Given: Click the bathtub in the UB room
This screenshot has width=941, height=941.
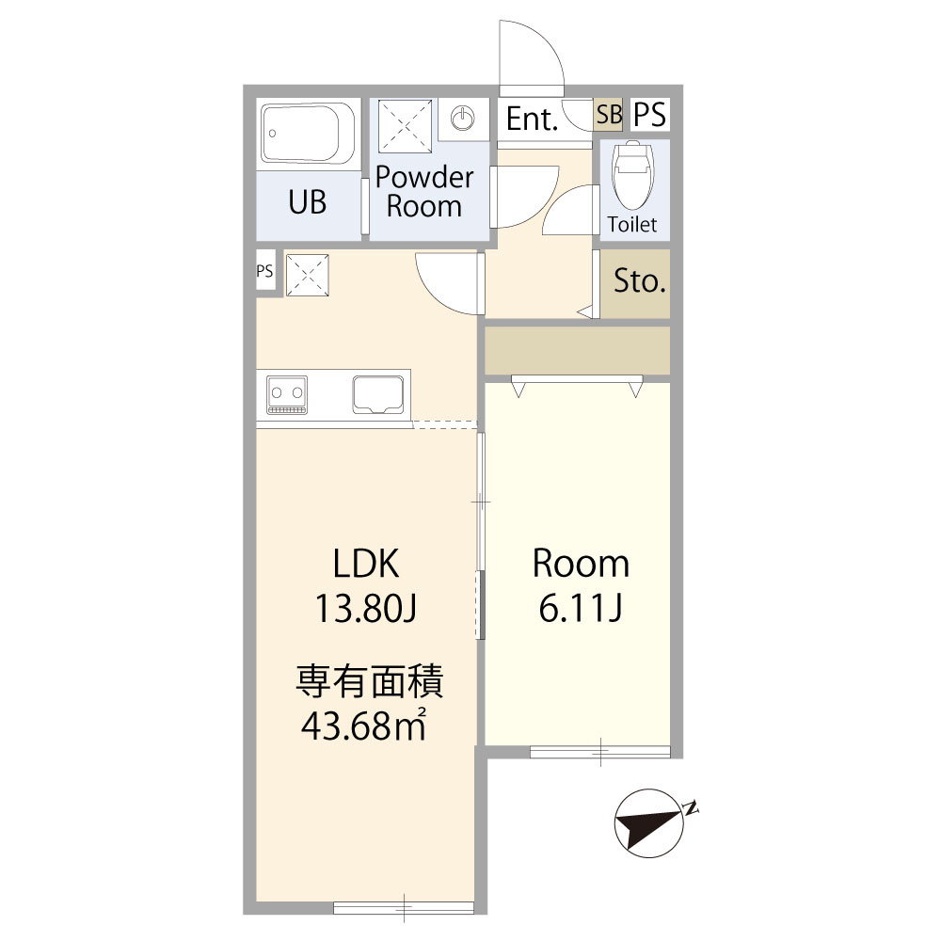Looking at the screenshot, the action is click(x=308, y=134).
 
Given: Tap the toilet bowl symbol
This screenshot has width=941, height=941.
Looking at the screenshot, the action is click(x=631, y=174).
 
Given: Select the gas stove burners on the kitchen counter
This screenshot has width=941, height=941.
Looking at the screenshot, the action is click(x=286, y=395).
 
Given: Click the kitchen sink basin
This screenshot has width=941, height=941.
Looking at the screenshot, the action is click(x=377, y=395).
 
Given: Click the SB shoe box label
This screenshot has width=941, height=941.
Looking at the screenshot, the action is click(x=609, y=114).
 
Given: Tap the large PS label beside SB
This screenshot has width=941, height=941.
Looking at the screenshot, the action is click(x=650, y=114).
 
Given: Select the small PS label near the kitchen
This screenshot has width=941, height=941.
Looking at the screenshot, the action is click(x=264, y=271).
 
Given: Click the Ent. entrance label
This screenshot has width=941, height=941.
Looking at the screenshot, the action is click(x=533, y=119).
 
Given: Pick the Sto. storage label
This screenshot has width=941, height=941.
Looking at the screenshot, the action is click(x=639, y=280).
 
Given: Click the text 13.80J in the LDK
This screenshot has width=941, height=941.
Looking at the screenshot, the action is click(x=365, y=608).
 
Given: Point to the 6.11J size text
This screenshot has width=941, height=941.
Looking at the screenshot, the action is click(x=580, y=608).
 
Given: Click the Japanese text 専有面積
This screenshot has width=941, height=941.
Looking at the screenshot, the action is click(x=369, y=681).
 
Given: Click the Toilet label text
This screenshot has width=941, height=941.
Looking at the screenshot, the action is click(x=632, y=225).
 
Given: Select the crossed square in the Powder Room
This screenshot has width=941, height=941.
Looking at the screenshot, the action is click(x=405, y=127).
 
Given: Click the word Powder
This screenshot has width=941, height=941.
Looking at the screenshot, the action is click(x=424, y=177).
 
